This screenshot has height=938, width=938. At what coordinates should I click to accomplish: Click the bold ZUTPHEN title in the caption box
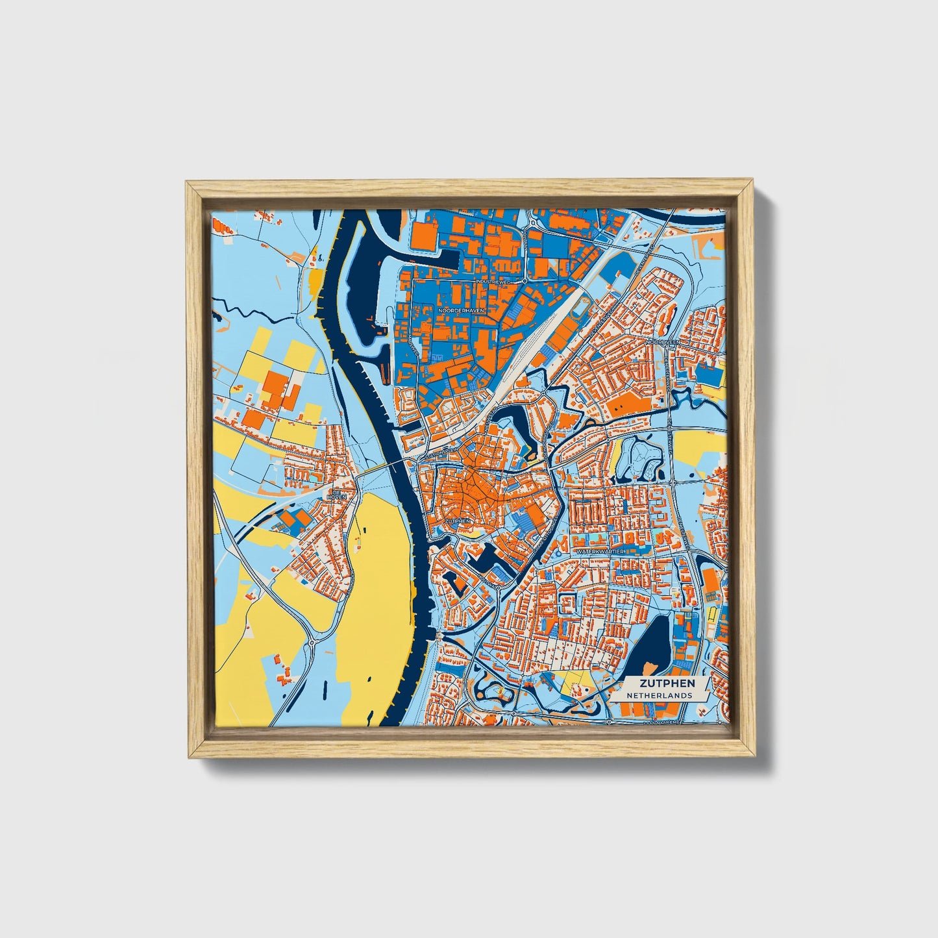pyautogui.click(x=667, y=683)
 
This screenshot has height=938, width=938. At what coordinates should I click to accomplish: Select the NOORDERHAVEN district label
pyautogui.click(x=462, y=311)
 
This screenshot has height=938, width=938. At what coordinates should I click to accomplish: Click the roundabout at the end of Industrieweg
pyautogui.click(x=525, y=282)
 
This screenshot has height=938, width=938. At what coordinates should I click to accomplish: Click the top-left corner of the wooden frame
pyautogui.click(x=187, y=183)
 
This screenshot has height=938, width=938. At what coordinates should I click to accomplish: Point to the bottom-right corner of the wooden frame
pyautogui.click(x=756, y=757)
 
